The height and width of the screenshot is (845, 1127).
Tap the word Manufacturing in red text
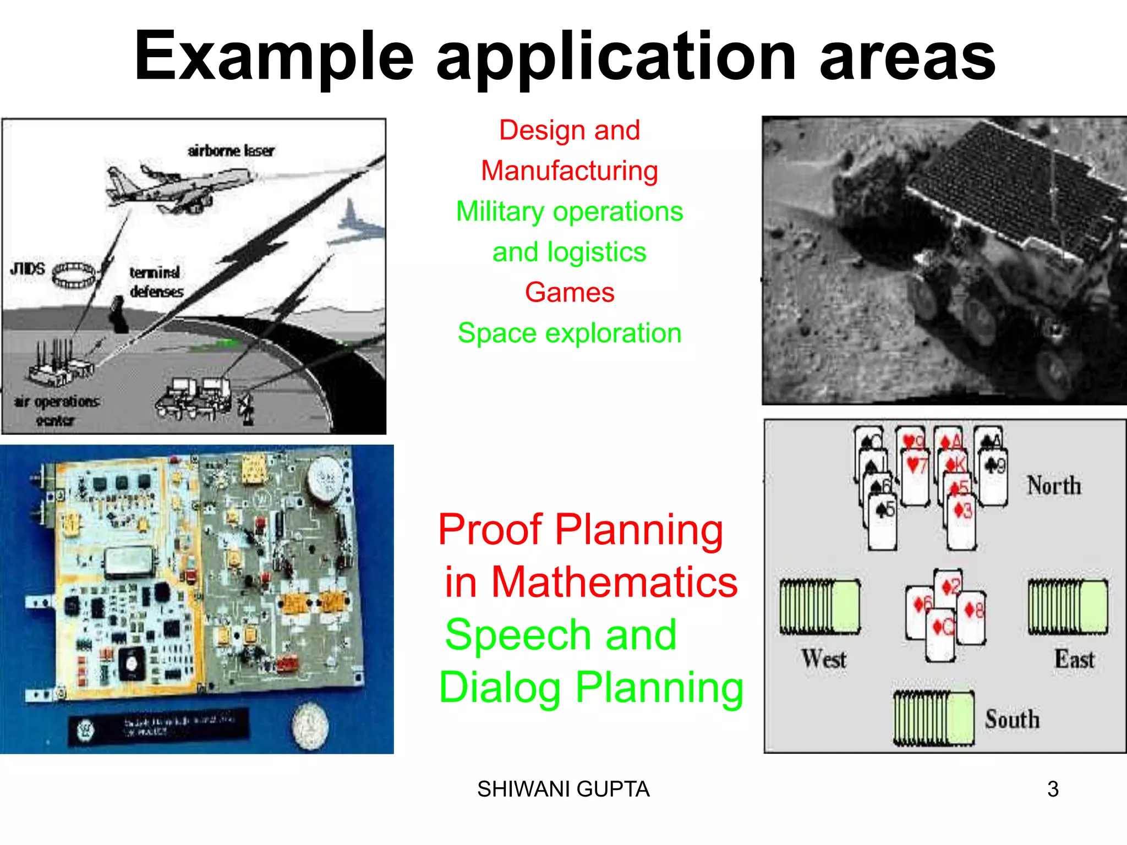pyautogui.click(x=570, y=171)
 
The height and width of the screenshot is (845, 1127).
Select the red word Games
pyautogui.click(x=570, y=292)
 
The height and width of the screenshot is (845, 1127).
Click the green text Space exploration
pyautogui.click(x=570, y=333)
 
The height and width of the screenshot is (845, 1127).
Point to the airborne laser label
pyautogui.click(x=231, y=151)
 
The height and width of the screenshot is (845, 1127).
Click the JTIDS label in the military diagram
pyautogui.click(x=28, y=269)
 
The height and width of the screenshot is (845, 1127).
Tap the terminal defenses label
pyautogui.click(x=156, y=282)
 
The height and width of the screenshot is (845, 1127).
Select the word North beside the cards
pyautogui.click(x=1054, y=486)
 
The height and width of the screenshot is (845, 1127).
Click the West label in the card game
pyautogui.click(x=823, y=659)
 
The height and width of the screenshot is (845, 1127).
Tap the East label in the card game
pyautogui.click(x=1074, y=659)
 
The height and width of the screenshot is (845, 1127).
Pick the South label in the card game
pyautogui.click(x=1012, y=719)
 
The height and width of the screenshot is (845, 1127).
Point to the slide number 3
pyautogui.click(x=1053, y=789)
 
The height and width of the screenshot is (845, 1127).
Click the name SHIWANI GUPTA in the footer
pyautogui.click(x=563, y=789)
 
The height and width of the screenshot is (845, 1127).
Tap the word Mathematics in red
pyautogui.click(x=614, y=582)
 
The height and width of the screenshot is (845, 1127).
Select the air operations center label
pyautogui.click(x=56, y=410)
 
